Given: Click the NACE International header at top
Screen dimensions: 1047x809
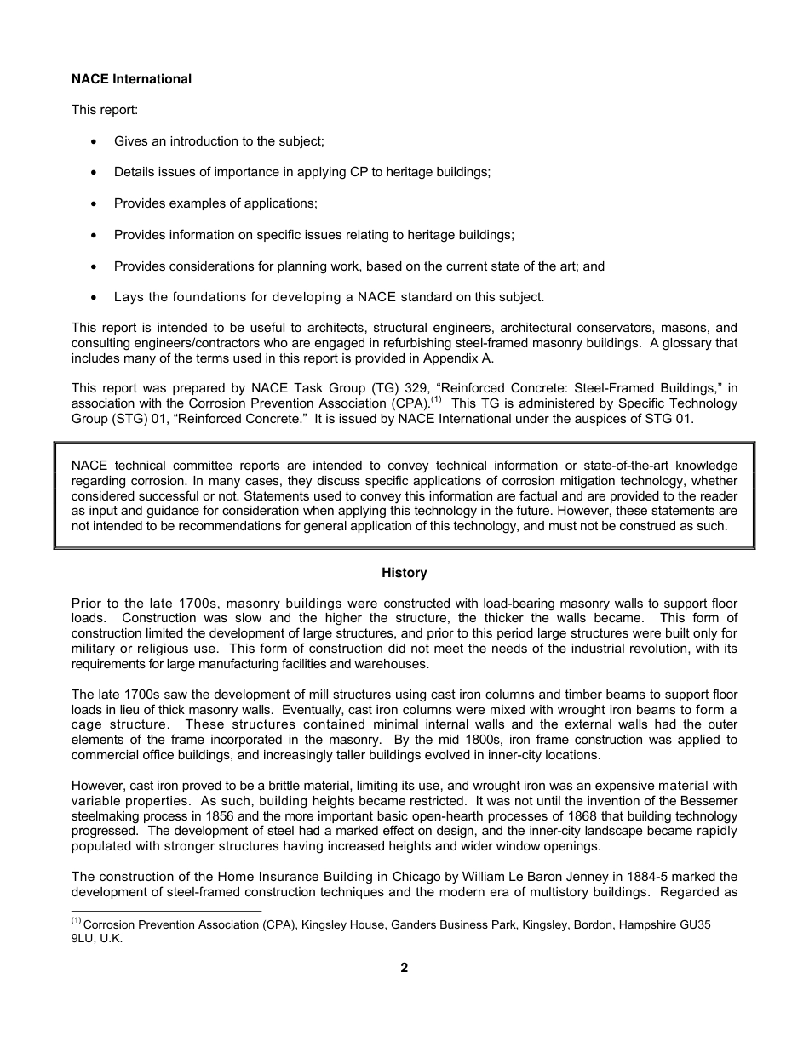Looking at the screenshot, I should tap(131, 79).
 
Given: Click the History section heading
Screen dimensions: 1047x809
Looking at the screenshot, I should tap(404, 573).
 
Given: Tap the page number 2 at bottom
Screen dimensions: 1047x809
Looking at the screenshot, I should tap(404, 968).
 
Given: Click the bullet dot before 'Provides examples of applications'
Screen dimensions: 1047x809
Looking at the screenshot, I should tap(94, 203).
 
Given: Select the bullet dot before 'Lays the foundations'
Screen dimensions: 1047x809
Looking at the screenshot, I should tap(94, 297).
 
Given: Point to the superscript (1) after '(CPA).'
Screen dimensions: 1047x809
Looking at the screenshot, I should tap(436, 400).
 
